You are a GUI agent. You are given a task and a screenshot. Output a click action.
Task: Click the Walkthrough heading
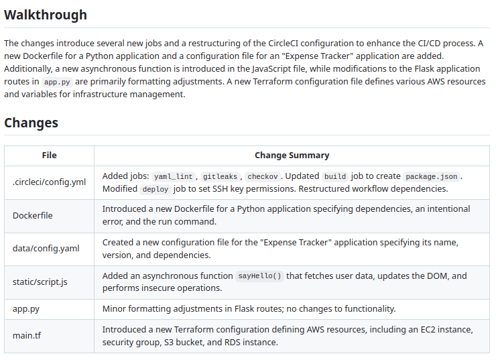(x=46, y=15)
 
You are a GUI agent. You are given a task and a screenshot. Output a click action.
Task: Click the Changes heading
(x=31, y=123)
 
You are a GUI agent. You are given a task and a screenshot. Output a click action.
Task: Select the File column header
(x=49, y=155)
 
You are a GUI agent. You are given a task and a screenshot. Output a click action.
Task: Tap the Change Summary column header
(x=292, y=155)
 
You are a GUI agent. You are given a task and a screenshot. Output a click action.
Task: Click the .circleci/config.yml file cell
(x=49, y=182)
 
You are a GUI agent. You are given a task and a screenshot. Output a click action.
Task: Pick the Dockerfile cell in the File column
(x=33, y=215)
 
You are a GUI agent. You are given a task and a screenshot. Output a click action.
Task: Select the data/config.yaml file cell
(x=46, y=248)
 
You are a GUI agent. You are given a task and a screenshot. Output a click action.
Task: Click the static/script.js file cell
(x=40, y=282)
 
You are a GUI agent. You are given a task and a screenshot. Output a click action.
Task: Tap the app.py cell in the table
(x=25, y=308)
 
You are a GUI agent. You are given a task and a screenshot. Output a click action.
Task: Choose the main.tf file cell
(x=26, y=335)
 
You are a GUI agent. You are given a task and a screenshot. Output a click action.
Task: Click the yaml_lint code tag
(x=174, y=177)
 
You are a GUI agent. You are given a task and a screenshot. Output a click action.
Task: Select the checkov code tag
(x=262, y=177)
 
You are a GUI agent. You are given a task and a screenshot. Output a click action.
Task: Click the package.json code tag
(x=431, y=177)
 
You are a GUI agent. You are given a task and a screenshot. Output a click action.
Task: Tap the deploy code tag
(x=156, y=189)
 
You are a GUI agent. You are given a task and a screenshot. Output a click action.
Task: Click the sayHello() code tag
(x=260, y=276)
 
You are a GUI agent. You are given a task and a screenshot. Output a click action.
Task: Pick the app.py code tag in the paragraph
(x=56, y=82)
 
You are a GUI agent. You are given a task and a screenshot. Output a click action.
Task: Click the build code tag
(x=335, y=177)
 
